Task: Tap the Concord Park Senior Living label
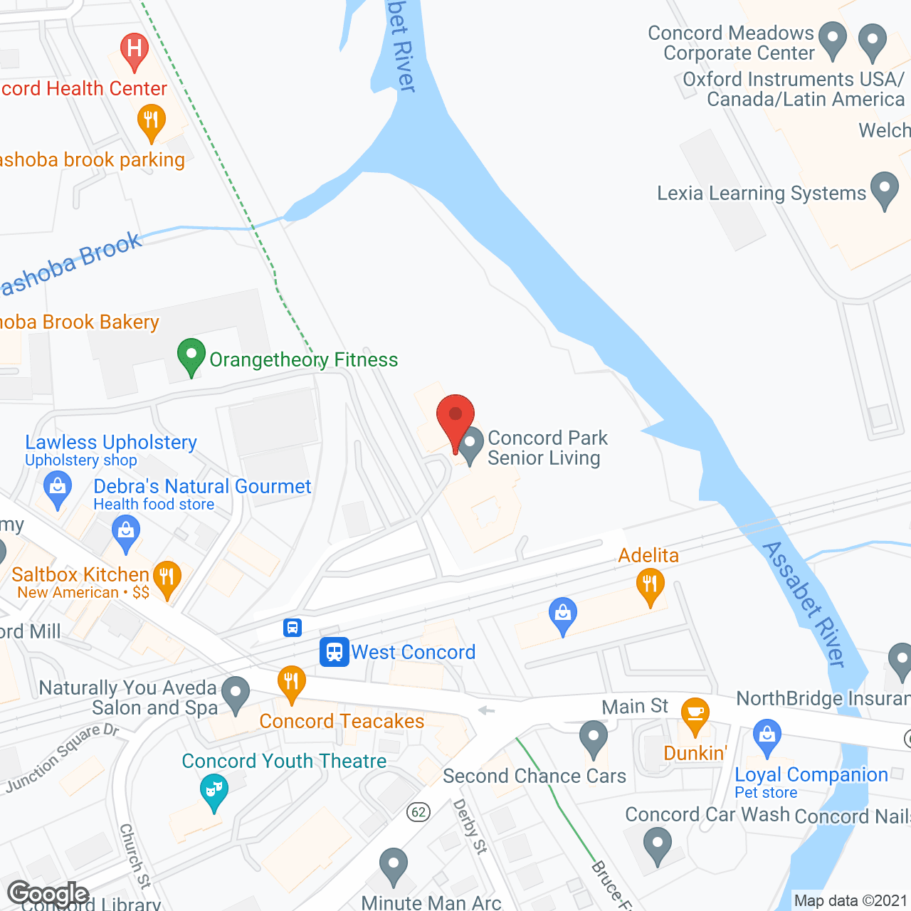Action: [x=547, y=448]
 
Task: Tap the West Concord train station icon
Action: [x=334, y=651]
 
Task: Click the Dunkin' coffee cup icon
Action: [x=695, y=715]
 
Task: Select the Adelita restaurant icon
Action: [x=650, y=587]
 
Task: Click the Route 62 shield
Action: [x=418, y=812]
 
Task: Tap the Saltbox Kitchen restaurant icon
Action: [x=167, y=578]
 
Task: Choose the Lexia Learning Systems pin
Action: [x=885, y=189]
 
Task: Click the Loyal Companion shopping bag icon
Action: [x=767, y=737]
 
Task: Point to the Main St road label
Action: [x=635, y=706]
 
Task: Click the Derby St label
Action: [x=470, y=827]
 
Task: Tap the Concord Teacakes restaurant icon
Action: [x=291, y=683]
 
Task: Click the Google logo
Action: [x=48, y=893]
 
